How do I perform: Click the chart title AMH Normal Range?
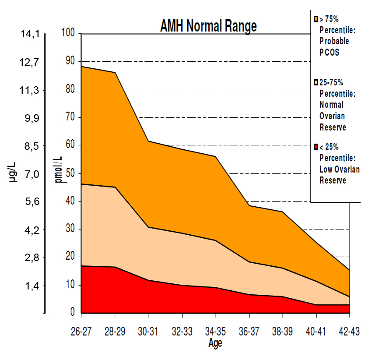coord(208,26)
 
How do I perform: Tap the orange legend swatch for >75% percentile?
coord(316,19)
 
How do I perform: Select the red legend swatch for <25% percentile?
coord(316,147)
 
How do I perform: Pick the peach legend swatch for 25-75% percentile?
coord(316,82)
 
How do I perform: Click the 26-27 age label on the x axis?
coord(81,332)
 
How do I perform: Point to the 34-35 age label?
coord(215,332)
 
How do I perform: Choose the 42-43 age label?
coord(349,332)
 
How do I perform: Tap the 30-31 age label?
coord(148,332)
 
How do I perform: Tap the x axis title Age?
coord(215,343)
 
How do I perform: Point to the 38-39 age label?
coord(282,332)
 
